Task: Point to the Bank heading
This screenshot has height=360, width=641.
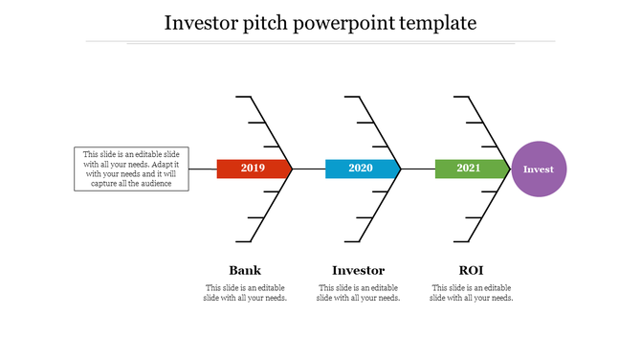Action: coord(245,270)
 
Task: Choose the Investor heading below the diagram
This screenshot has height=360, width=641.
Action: coord(358,270)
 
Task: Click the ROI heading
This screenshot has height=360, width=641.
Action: coord(470,270)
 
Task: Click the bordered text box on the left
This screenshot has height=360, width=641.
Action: coord(131,169)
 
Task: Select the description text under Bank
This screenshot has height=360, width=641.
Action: coord(245,293)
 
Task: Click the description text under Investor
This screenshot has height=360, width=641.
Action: coord(358,293)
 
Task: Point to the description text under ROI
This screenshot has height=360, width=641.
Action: coord(471,293)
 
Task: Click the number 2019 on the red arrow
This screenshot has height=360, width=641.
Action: coord(253,169)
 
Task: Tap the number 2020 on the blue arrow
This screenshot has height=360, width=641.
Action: coord(361,169)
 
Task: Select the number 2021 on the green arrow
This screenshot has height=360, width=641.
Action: coord(469,169)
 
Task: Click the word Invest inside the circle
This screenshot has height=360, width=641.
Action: coord(539,169)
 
